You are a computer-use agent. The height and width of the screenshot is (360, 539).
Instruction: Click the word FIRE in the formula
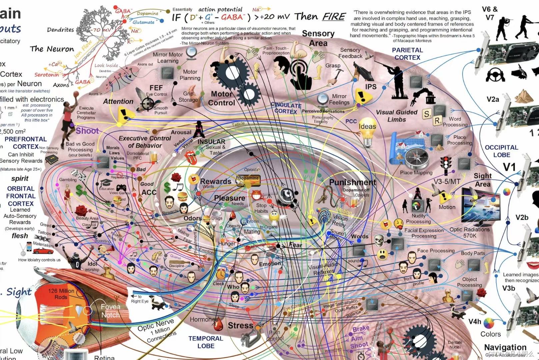click(334, 16)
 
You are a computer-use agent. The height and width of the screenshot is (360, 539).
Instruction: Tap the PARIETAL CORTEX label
click(407, 54)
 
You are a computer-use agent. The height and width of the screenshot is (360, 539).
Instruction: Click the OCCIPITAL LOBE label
click(501, 151)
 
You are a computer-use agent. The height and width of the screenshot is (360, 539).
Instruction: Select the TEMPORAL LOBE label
click(206, 342)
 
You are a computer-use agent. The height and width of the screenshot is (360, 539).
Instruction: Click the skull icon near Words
click(379, 240)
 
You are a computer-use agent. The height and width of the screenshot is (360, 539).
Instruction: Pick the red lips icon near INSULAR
click(191, 158)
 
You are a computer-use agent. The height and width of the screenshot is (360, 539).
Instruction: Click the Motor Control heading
click(222, 98)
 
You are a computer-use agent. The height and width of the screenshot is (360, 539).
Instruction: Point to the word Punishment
click(353, 182)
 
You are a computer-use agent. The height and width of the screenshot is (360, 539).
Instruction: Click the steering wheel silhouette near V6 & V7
click(495, 75)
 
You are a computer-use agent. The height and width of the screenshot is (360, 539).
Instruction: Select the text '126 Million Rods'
click(61, 294)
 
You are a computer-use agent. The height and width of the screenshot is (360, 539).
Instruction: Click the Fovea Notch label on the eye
click(110, 311)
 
